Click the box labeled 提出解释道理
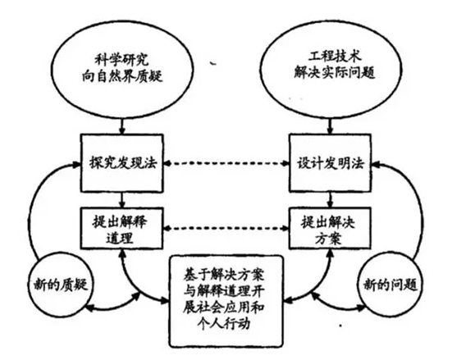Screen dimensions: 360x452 click(121, 228)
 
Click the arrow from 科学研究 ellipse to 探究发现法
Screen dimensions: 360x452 click(121, 124)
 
